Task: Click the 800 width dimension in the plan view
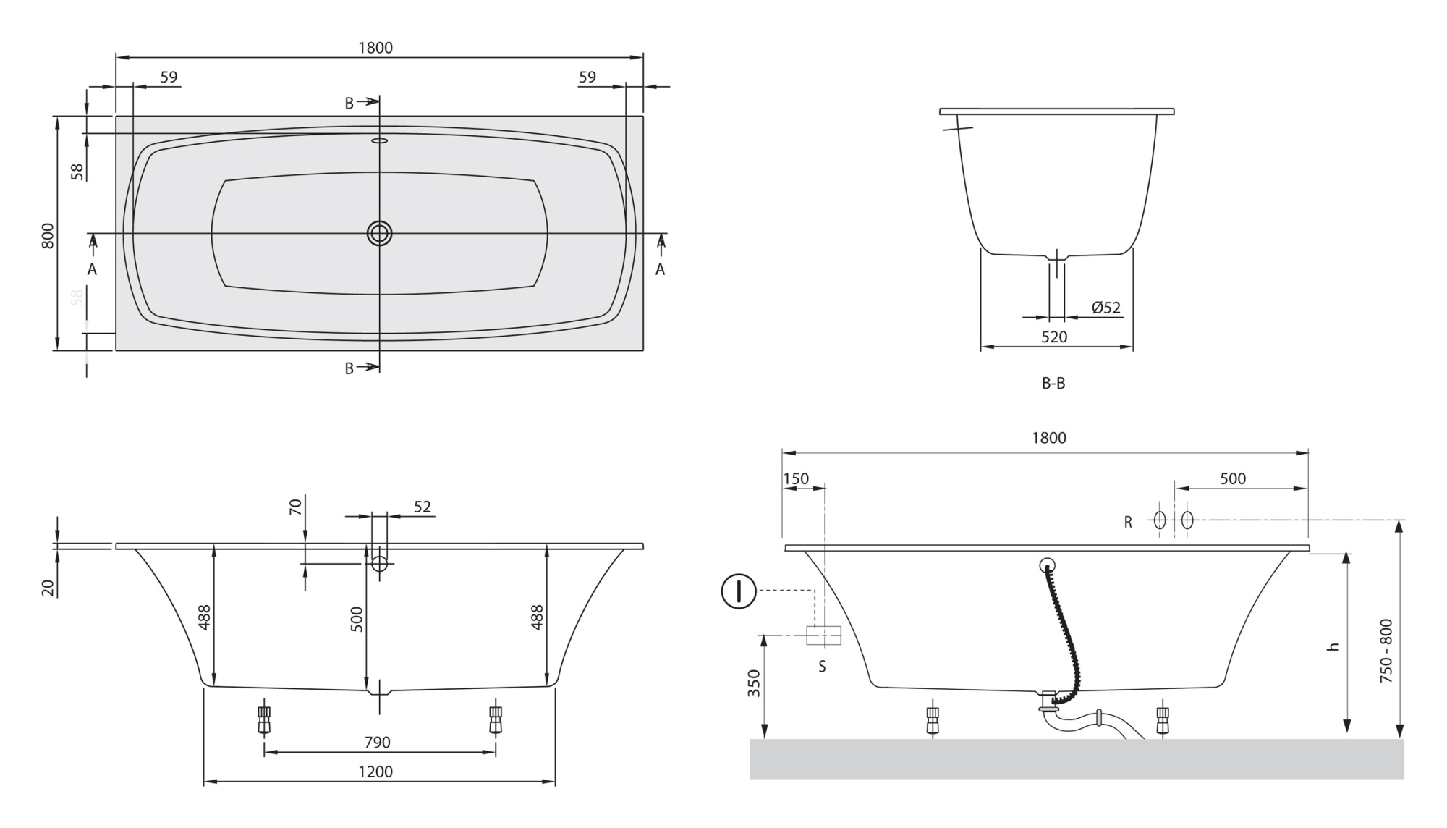pos(48,236)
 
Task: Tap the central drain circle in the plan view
pos(379,233)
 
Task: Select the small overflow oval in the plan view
pos(379,140)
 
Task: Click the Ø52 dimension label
pos(1106,308)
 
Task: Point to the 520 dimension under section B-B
pos(1054,337)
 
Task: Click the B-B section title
pos(1053,384)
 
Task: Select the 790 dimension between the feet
pos(377,742)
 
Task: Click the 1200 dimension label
pos(375,772)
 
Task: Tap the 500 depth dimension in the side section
pos(357,620)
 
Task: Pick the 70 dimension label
pos(295,507)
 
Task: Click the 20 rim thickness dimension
pos(48,588)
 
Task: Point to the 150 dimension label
pos(796,479)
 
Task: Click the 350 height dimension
pos(754,683)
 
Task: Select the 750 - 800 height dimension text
pos(1386,651)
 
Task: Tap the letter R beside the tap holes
pos(1127,522)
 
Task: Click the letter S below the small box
pos(822,667)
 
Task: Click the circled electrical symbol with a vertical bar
pos(739,591)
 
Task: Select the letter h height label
pos(1333,646)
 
